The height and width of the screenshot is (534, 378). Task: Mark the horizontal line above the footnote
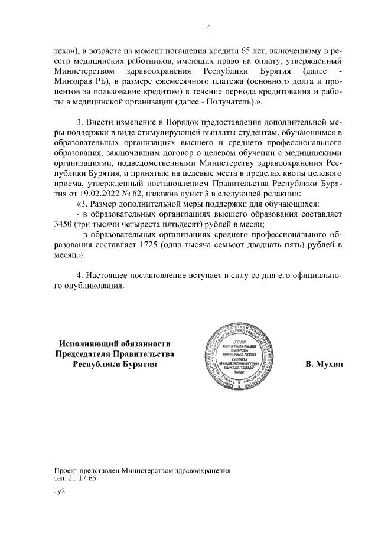point(88,465)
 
